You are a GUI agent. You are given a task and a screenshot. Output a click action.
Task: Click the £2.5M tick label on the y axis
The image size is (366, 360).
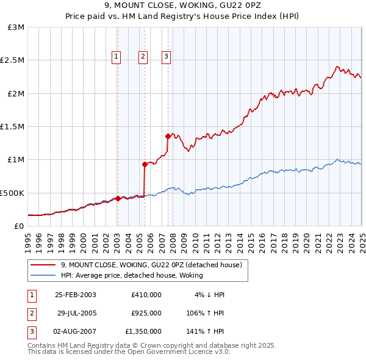click(12, 60)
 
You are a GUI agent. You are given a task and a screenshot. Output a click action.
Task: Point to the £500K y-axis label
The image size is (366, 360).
click(12, 193)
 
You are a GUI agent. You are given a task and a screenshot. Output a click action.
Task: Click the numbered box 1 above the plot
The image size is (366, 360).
click(116, 57)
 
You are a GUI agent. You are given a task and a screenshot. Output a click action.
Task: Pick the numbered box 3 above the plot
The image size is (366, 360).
click(166, 57)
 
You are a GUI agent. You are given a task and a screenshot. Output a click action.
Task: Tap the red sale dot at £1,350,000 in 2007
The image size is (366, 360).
click(168, 136)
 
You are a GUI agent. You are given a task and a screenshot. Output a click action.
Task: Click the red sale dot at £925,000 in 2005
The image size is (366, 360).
click(145, 164)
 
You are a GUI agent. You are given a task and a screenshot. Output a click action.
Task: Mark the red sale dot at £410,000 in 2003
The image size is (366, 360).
click(118, 198)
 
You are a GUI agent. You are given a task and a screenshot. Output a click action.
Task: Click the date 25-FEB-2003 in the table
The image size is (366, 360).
click(75, 294)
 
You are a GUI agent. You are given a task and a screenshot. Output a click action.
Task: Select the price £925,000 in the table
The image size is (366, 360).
click(146, 313)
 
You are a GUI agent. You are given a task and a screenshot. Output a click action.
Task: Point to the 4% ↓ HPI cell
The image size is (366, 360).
click(210, 294)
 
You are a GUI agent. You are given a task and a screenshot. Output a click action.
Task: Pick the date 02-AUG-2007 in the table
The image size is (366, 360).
click(75, 332)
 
